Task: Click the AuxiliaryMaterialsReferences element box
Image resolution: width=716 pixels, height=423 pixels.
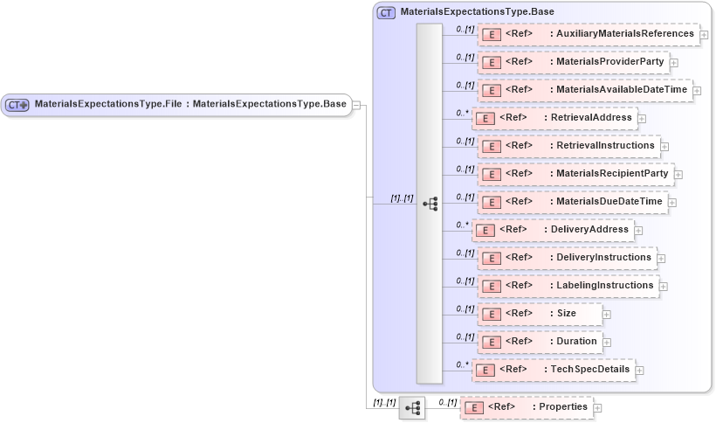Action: point(588,34)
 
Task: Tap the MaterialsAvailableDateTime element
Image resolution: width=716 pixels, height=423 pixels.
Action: point(584,90)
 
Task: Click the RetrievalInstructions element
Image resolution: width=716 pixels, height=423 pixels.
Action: point(568,146)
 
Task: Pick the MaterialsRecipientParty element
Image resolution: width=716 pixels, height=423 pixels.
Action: point(575,174)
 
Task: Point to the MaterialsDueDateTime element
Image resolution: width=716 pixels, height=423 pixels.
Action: point(573,202)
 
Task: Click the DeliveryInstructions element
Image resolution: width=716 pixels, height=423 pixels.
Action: point(567,258)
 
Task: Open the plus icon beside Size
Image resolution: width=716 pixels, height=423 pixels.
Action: point(607,315)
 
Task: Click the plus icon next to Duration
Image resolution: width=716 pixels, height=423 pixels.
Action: point(607,343)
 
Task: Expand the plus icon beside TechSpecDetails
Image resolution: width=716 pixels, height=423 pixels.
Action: point(640,371)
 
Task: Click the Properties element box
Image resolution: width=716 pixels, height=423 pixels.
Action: point(527,407)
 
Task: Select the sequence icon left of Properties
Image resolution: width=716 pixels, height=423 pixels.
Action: point(412,407)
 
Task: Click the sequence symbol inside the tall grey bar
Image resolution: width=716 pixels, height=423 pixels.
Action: point(430,203)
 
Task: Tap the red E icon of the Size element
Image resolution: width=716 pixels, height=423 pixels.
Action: point(491,314)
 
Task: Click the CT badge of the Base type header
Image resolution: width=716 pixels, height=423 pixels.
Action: point(385,12)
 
